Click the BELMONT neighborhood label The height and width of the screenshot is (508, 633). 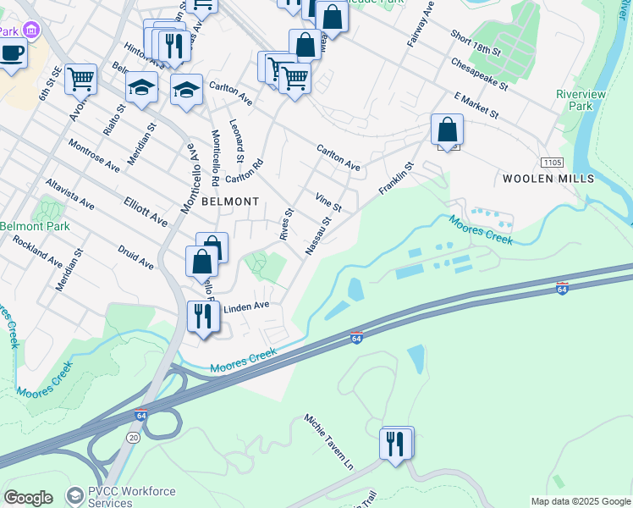click(230, 202)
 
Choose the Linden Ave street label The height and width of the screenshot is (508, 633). click(245, 306)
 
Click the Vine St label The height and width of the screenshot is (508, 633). click(328, 202)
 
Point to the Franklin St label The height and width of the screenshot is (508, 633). click(395, 179)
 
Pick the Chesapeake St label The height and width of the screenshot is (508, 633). click(479, 74)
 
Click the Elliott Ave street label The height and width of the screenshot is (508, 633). click(146, 212)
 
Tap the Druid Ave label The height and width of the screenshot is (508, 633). click(135, 257)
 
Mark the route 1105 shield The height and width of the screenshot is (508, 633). click(552, 161)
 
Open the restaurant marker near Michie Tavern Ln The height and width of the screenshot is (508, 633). click(396, 442)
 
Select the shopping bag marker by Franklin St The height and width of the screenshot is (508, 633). click(447, 130)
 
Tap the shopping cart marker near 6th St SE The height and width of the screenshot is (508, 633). click(80, 80)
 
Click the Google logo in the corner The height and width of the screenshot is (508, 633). click(28, 498)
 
